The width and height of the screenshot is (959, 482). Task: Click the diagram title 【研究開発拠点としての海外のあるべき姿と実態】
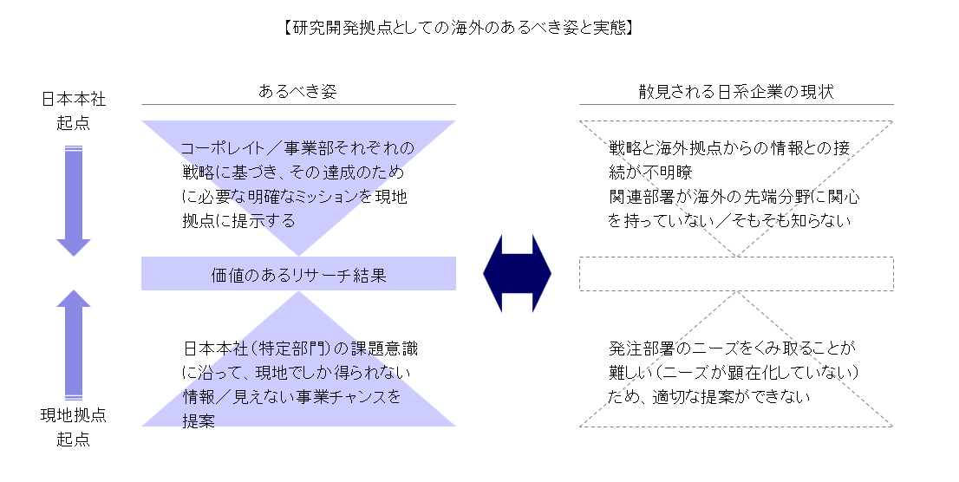pos(458,28)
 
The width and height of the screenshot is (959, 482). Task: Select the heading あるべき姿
pos(297,91)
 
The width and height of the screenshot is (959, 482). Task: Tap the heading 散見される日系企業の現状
pos(736,91)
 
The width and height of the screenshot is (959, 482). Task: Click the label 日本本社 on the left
pos(74,100)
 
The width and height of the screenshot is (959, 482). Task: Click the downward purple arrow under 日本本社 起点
pos(74,199)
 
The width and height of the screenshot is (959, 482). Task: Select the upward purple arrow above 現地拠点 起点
pos(74,342)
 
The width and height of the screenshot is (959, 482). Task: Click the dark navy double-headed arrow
pos(517,276)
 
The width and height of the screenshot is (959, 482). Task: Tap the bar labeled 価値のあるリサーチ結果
pos(298,276)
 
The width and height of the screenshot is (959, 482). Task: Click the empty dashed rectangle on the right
pos(736,274)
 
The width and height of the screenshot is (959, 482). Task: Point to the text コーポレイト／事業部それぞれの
pos(298,147)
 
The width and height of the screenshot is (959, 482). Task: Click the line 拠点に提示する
pos(238,220)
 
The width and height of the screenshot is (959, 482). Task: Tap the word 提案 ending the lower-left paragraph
pos(199,421)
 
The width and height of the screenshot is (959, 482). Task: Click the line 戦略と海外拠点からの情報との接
pos(734,147)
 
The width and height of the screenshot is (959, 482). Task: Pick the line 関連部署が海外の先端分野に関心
pos(734,196)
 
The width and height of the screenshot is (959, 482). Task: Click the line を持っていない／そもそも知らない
pos(729,220)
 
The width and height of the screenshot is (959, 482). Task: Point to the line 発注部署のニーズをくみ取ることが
pos(733,349)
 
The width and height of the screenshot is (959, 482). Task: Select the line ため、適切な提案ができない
pos(709,398)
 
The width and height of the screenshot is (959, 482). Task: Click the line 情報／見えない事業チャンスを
pos(292,398)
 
